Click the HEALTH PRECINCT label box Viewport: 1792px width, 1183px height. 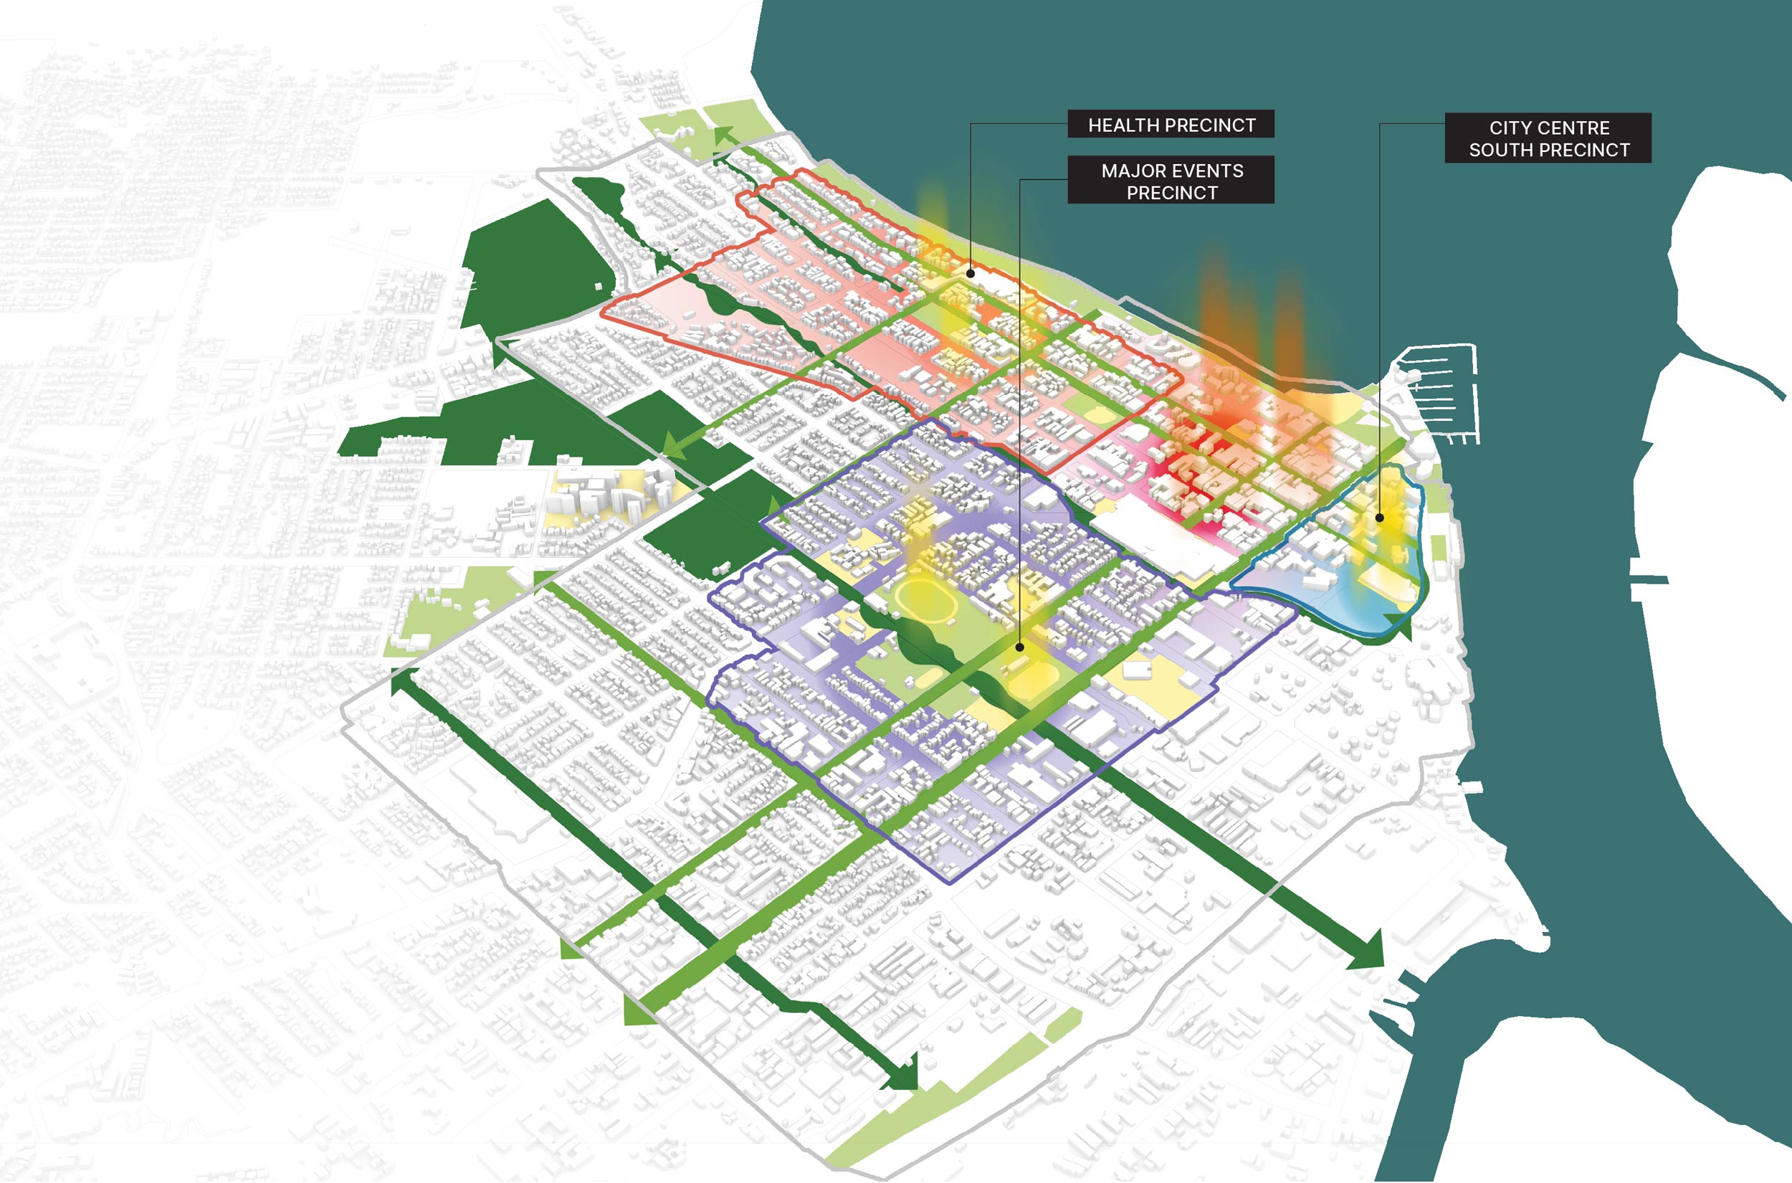1171,125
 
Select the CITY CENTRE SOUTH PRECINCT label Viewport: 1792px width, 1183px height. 1548,139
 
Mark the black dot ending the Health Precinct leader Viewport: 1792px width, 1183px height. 971,274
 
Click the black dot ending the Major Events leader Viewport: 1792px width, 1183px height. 1020,647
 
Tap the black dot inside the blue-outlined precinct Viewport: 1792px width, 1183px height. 1379,518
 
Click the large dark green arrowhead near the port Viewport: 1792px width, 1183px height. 1368,951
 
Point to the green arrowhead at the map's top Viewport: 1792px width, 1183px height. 724,136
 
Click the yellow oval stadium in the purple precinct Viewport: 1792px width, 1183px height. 927,601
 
